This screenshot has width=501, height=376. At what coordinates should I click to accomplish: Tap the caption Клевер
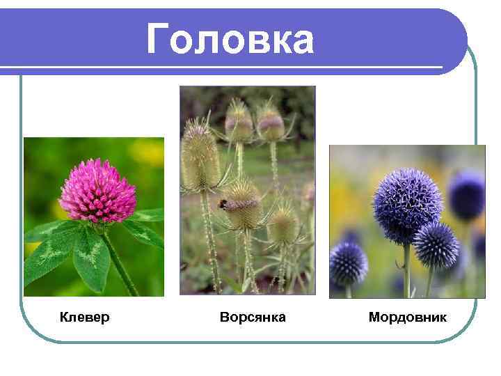pos(84,318)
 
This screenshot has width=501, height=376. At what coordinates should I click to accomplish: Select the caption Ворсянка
pos(253,318)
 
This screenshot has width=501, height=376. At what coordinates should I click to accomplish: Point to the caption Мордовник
pos(408,318)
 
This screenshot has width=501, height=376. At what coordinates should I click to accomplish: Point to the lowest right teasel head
pos(284,226)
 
